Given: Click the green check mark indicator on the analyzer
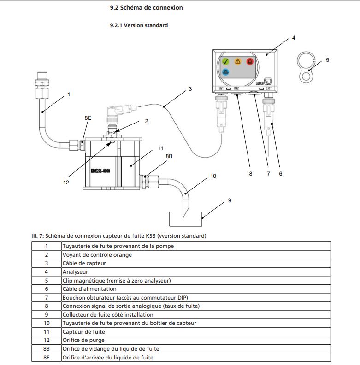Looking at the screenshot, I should coord(225,61).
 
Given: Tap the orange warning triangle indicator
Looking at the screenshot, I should coord(238,61).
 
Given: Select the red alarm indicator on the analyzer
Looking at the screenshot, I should coord(250,61).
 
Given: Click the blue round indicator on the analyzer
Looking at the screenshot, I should coord(225,72).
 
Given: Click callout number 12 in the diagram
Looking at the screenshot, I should coord(66,182).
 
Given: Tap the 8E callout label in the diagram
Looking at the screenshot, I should coord(88,118).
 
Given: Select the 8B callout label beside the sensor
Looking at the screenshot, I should coord(169,156).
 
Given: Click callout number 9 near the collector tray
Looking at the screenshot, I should coord(229,200).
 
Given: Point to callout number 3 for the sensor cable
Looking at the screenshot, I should coord(190,88).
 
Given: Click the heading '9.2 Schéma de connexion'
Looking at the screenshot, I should coord(146,8).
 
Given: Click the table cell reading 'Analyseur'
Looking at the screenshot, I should coord(75,272).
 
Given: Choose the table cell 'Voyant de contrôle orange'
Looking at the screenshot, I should coord(97,255).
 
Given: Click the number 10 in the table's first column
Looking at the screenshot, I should coord(47,323).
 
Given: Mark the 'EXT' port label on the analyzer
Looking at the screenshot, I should coord(269,88).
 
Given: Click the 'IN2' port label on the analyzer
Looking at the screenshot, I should coord(236,88).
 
